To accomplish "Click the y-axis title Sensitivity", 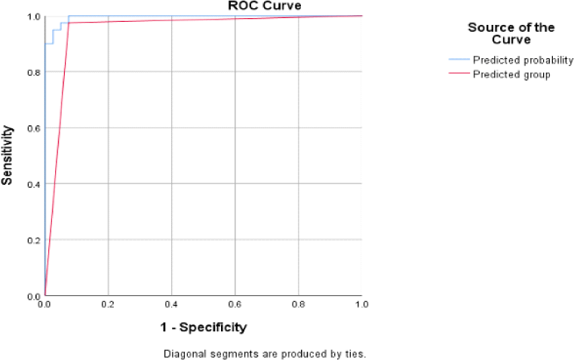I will point(7,156).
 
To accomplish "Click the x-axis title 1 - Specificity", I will point(203,328).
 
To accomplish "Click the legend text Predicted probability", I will point(523,60).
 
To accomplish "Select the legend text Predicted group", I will point(510,74).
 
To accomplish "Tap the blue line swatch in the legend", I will point(459,60).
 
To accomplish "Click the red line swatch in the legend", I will point(459,74).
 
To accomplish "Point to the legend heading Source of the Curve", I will point(511,33).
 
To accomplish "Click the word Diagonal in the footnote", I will point(181,353).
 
